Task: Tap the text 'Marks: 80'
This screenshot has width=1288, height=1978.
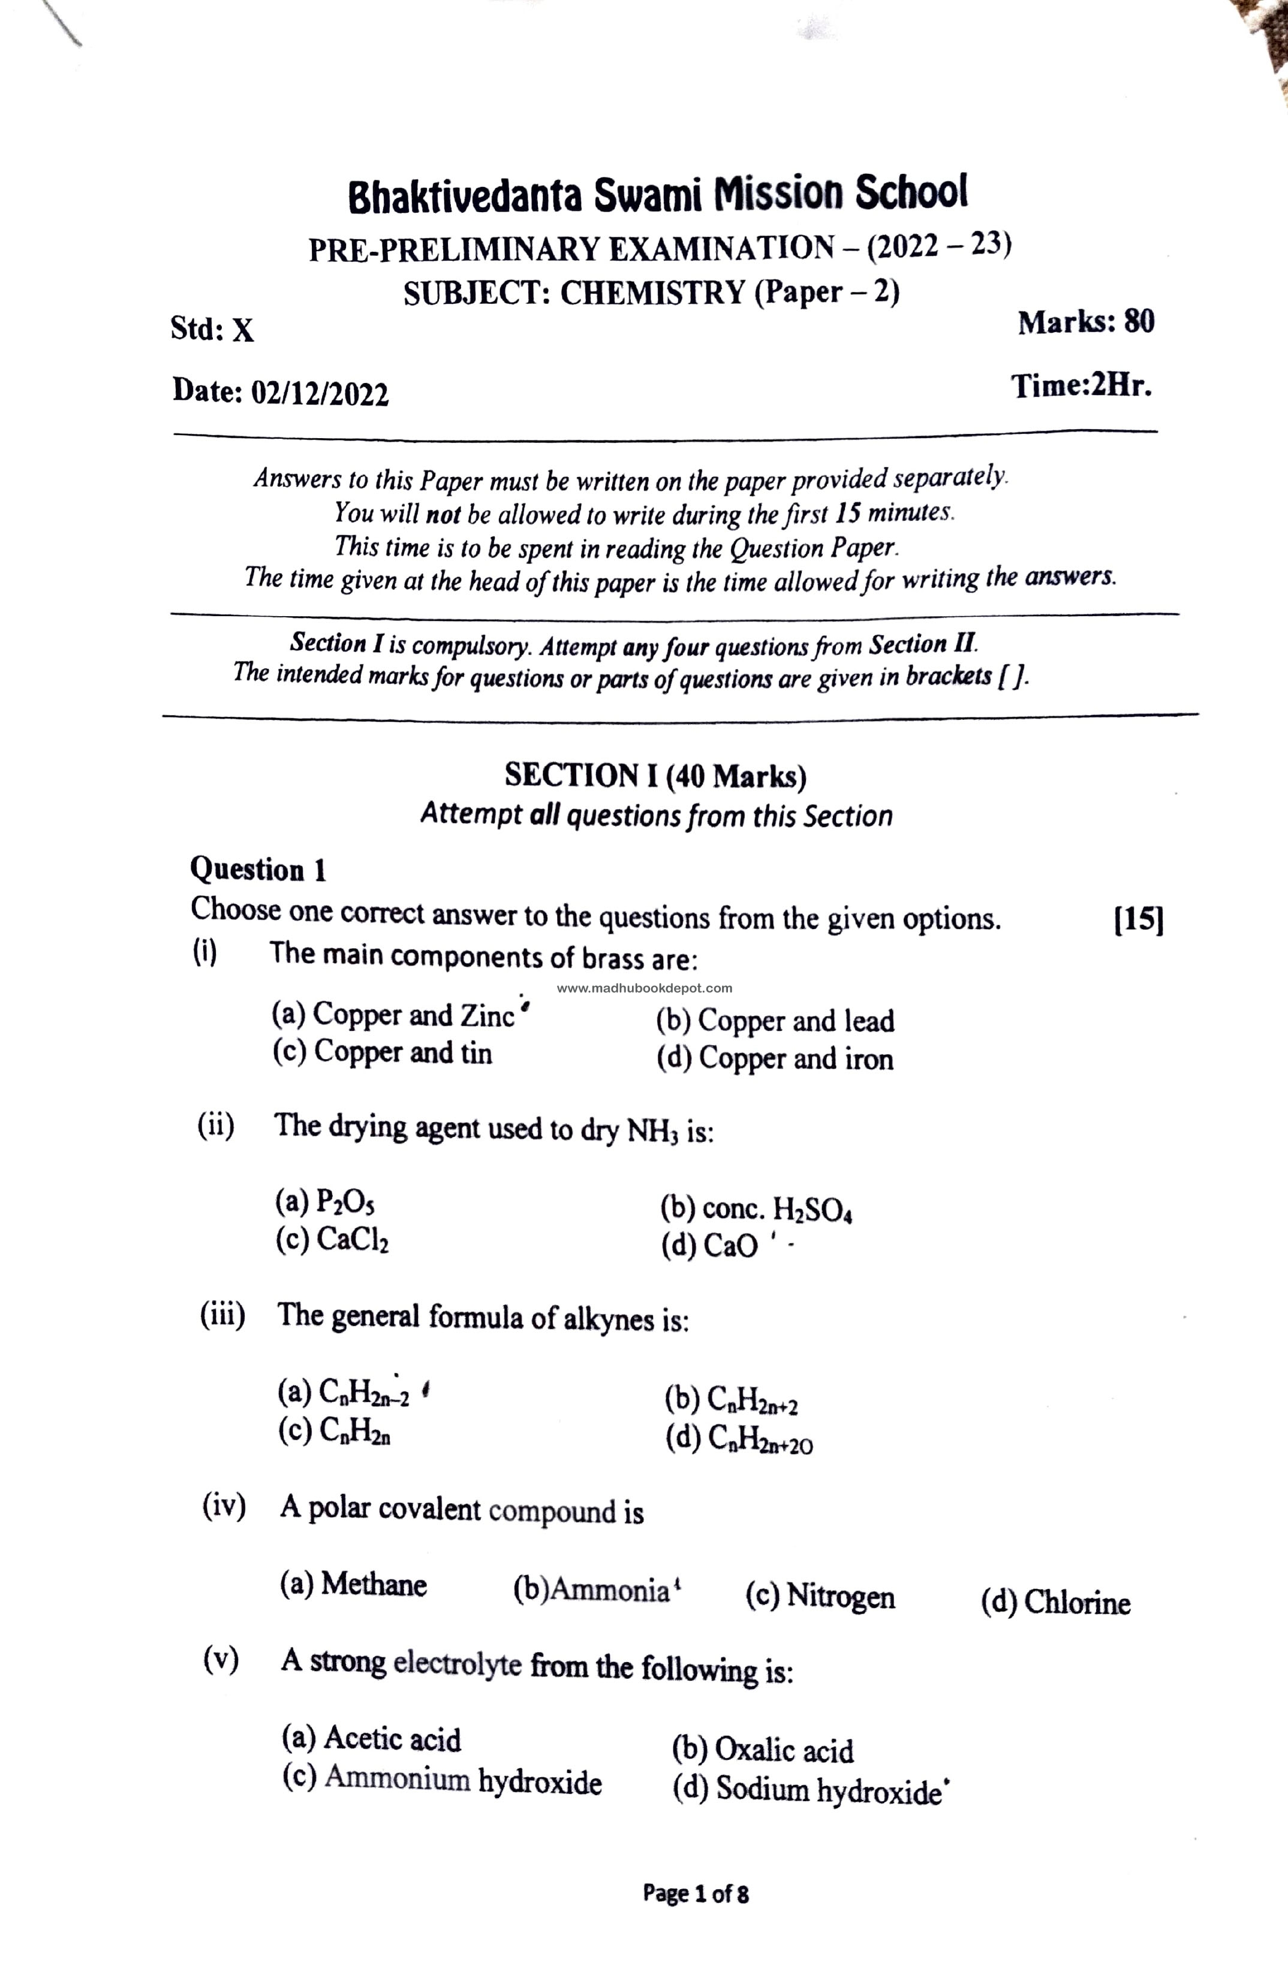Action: (x=1086, y=322)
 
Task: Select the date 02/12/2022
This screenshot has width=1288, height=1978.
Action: (x=319, y=393)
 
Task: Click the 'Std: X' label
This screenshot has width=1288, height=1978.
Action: (x=212, y=330)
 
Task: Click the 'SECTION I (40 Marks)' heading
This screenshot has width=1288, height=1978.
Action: (x=655, y=776)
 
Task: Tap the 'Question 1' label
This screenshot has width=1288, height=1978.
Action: (x=258, y=870)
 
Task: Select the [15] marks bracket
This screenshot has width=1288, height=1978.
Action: (x=1137, y=920)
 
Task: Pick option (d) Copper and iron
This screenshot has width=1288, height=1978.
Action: (x=775, y=1059)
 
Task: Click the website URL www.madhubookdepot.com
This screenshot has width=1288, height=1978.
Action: (x=645, y=988)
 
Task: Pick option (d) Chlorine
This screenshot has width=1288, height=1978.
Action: (x=1055, y=1602)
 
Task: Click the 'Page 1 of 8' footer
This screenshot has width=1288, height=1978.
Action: (x=695, y=1894)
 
